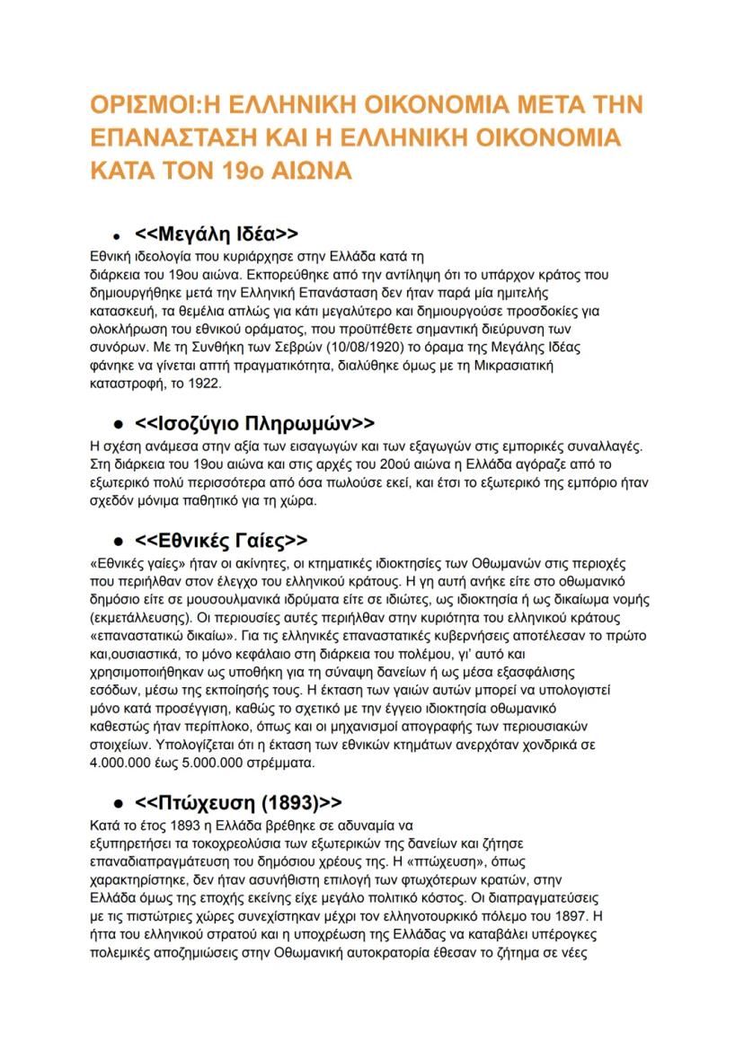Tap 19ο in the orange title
(245, 169)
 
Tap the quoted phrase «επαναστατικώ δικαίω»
(154, 637)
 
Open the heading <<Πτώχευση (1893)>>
(238, 802)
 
